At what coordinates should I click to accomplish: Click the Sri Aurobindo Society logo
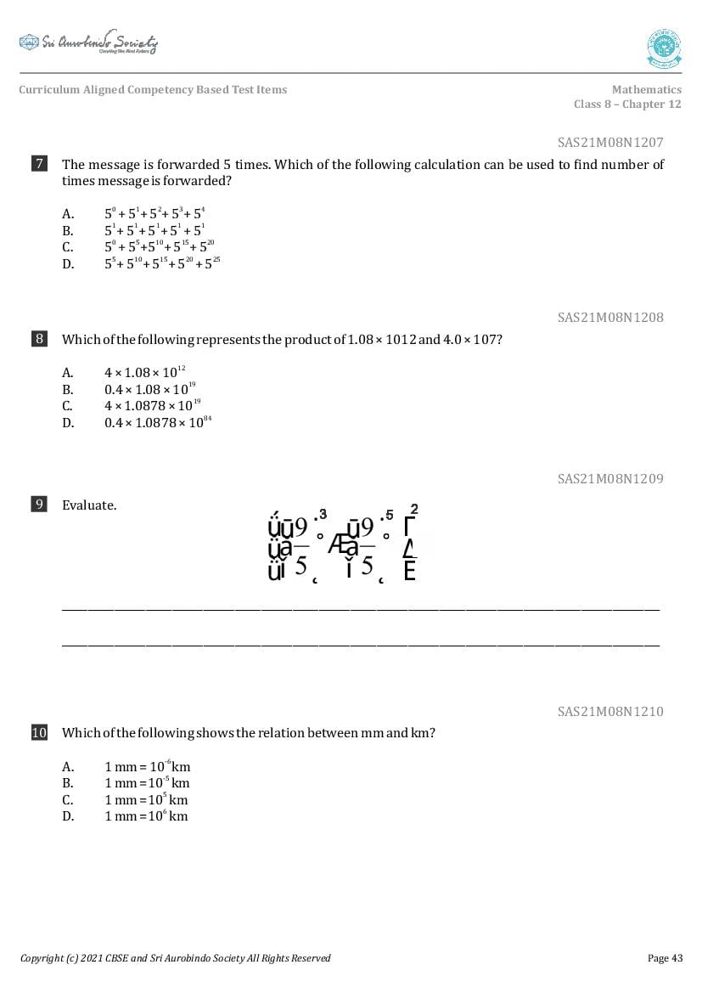88,43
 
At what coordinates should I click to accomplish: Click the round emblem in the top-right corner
664,48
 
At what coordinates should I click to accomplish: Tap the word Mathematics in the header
646,90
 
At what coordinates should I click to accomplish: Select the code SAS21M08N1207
610,143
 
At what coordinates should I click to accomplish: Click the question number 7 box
39,164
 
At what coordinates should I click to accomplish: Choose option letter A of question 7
68,214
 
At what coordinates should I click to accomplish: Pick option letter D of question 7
68,264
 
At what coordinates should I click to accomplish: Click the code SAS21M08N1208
610,318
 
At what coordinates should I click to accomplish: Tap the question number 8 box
39,339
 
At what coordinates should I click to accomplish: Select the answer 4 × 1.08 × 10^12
145,372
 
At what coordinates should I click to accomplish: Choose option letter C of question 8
68,406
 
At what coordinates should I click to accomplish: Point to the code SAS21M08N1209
610,479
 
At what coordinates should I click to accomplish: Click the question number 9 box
39,505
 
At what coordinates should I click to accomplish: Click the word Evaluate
89,505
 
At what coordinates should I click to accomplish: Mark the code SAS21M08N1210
610,712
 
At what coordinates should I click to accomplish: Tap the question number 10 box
39,732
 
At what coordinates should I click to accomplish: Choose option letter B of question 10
68,783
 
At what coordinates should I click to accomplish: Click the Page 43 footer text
665,958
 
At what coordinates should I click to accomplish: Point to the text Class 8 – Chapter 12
627,104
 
